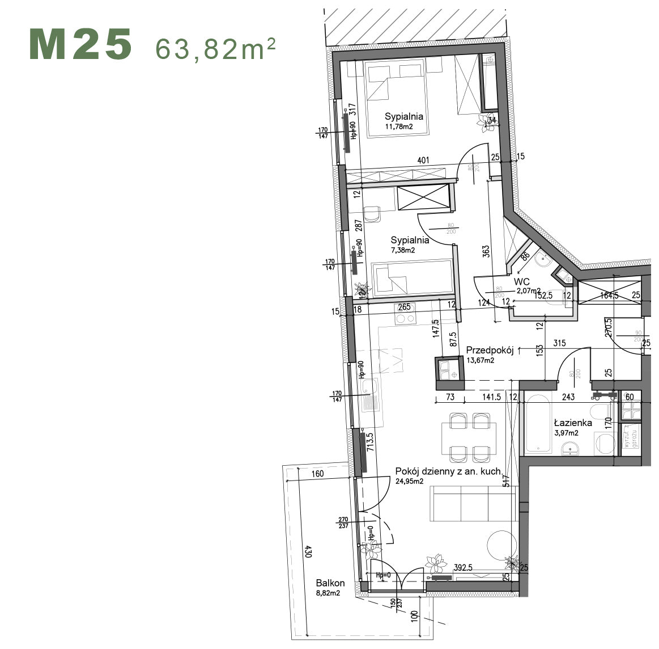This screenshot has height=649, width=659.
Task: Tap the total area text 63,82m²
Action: click(215, 49)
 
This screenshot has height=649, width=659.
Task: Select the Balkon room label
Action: click(330, 583)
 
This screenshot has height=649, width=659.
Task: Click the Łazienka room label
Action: click(573, 423)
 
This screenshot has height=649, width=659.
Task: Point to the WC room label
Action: click(522, 281)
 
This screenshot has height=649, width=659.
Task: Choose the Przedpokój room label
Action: click(490, 351)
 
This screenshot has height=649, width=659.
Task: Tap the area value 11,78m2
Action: click(399, 127)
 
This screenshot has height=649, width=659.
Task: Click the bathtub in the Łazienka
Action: click(538, 425)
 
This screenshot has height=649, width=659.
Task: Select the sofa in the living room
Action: click(473, 503)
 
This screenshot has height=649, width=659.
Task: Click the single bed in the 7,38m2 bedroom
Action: click(411, 278)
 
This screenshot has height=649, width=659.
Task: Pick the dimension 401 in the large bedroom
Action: click(423, 161)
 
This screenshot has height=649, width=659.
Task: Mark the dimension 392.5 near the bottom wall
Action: click(467, 567)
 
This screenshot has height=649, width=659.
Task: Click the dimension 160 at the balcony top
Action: click(317, 474)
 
